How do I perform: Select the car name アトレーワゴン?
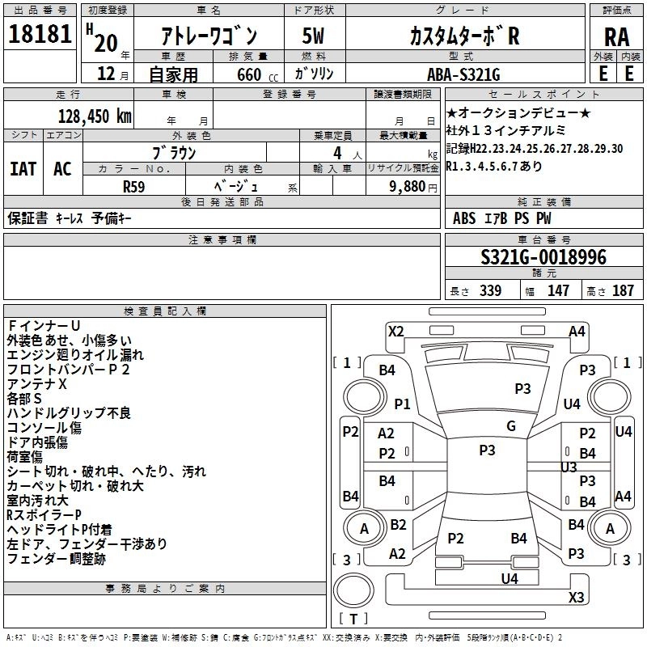coord(208,36)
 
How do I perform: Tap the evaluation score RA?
coord(617,37)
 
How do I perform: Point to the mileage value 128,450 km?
coord(95,116)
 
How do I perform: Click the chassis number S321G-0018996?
coord(543,257)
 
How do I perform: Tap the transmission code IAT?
coord(23,168)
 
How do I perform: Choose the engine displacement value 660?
coord(248,74)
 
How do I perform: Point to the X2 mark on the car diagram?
coord(396,331)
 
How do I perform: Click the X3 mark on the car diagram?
coord(576,597)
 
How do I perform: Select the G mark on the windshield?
coord(510,426)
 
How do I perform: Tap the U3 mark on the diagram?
coord(569,467)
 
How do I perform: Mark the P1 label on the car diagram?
coord(402,403)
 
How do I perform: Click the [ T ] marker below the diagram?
coord(353,620)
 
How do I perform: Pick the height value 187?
coord(624,290)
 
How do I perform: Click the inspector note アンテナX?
coord(36,384)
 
